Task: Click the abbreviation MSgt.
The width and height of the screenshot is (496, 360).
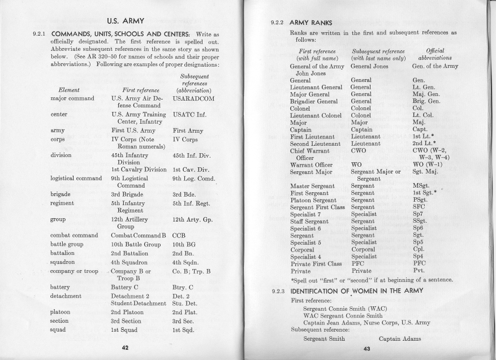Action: click(x=421, y=185)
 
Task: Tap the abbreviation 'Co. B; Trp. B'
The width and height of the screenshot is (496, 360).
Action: click(x=193, y=271)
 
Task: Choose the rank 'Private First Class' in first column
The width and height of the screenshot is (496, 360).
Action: click(x=315, y=263)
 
